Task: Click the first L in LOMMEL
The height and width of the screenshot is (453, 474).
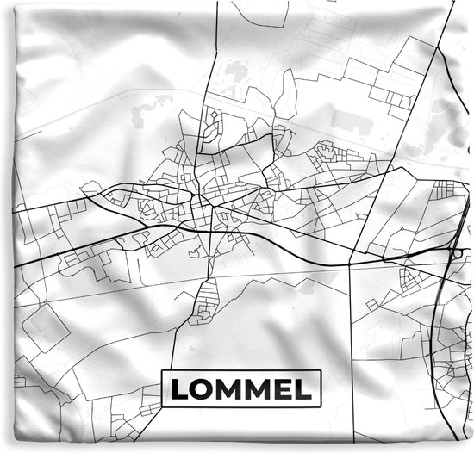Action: pos(178,389)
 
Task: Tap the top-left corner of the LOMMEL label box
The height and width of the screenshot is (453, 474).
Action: pos(163,371)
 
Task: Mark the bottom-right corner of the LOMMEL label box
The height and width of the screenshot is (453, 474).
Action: pos(320,406)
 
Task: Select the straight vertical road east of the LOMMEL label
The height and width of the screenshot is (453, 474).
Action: pos(351,344)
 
